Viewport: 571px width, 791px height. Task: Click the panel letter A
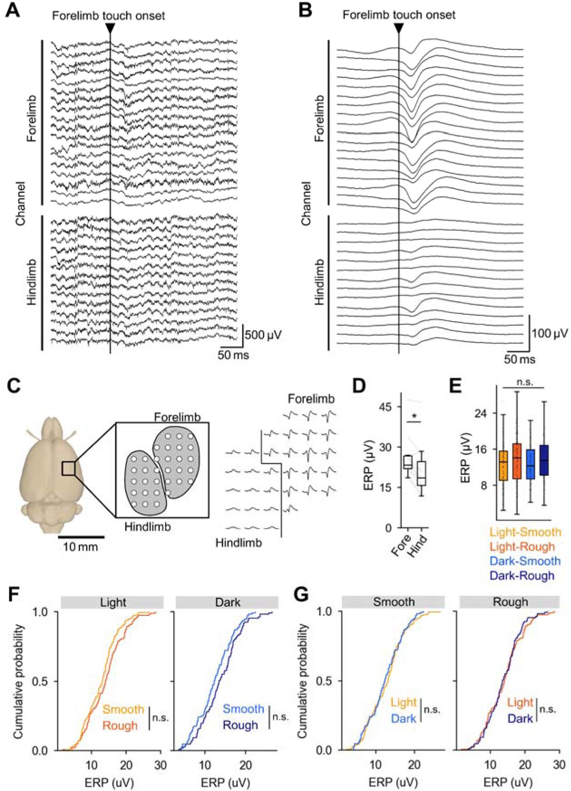pyautogui.click(x=12, y=10)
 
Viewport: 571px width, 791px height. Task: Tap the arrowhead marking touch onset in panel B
pyautogui.click(x=399, y=28)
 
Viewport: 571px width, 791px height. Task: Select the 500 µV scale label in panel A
pyautogui.click(x=263, y=335)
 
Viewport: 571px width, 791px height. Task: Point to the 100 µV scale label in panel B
pyautogui.click(x=550, y=333)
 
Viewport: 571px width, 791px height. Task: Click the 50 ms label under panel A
pyautogui.click(x=233, y=355)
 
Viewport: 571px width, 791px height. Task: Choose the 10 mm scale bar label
pyautogui.click(x=80, y=547)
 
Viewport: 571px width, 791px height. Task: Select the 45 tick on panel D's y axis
pyautogui.click(x=386, y=407)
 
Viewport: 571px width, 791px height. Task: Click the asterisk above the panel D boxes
pyautogui.click(x=415, y=415)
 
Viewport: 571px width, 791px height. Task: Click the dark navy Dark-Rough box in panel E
pyautogui.click(x=544, y=460)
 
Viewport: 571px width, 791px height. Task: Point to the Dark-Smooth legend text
pyautogui.click(x=525, y=561)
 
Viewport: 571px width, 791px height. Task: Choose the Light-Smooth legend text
pyautogui.click(x=525, y=532)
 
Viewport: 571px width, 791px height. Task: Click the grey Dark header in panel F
pyautogui.click(x=226, y=602)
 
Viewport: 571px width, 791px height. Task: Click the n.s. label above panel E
pyautogui.click(x=524, y=382)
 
